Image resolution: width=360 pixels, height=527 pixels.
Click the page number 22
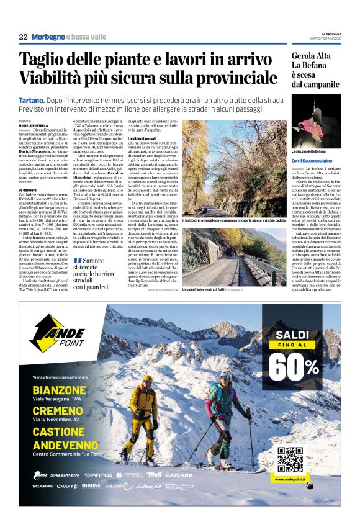click(23, 37)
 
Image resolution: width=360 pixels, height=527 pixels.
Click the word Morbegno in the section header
click(48, 37)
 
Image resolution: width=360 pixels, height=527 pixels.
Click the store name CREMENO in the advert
click(59, 412)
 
